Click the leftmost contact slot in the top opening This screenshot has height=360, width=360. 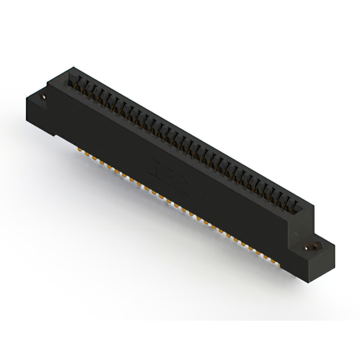tap(73, 79)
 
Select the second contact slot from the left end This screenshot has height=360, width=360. tap(81, 84)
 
